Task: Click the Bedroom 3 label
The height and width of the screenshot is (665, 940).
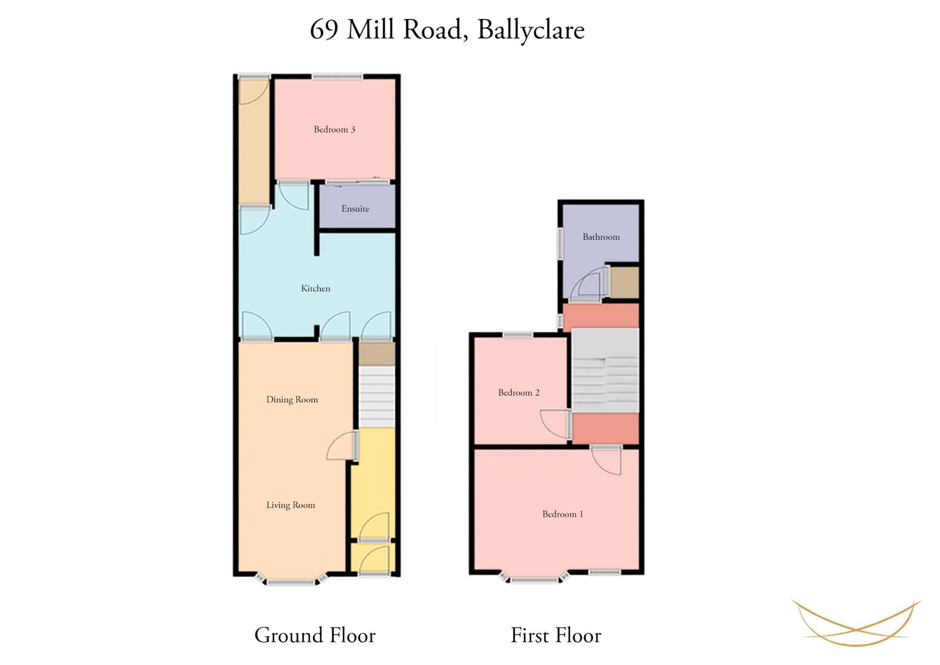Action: pos(334,130)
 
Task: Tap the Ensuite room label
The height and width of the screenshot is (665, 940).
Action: pos(355,209)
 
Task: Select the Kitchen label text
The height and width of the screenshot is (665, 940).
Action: pos(316,288)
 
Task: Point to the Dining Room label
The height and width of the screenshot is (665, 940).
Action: pos(292,400)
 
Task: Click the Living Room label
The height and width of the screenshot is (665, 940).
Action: pos(291,505)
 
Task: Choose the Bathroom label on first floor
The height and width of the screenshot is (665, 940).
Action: pos(601,237)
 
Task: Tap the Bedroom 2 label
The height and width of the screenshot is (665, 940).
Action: pos(519,393)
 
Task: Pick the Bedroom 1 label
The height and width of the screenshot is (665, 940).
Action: pos(563,514)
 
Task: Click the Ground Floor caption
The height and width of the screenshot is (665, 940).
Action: pos(315,635)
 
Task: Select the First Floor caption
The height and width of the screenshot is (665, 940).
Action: pos(556,635)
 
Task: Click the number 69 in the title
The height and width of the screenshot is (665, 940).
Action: pos(324,30)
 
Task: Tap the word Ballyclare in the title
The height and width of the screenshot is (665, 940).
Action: pos(531,30)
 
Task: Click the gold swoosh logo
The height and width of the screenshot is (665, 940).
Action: pos(856,622)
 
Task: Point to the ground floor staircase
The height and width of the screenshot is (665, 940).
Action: pos(377,397)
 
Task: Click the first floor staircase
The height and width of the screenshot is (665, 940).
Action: pos(606,370)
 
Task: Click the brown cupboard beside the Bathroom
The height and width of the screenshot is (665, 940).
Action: pos(624,283)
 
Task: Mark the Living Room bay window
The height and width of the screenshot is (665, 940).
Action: pos(291,580)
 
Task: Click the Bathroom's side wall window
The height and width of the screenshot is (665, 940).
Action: pos(560,243)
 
